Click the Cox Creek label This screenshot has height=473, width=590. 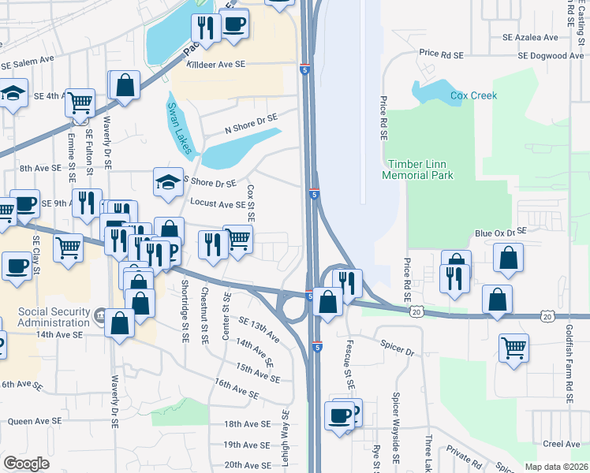click(x=473, y=95)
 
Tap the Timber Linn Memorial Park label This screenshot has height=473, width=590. click(x=418, y=169)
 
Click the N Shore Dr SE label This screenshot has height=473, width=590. click(x=252, y=123)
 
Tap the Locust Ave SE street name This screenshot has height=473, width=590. click(x=218, y=204)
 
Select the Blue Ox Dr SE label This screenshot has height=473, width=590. click(x=500, y=233)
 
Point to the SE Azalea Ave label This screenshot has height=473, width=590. click(x=531, y=37)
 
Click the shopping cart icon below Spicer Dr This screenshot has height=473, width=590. click(x=513, y=348)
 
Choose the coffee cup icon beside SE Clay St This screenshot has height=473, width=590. click(x=17, y=266)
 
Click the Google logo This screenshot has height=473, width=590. click(x=26, y=464)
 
